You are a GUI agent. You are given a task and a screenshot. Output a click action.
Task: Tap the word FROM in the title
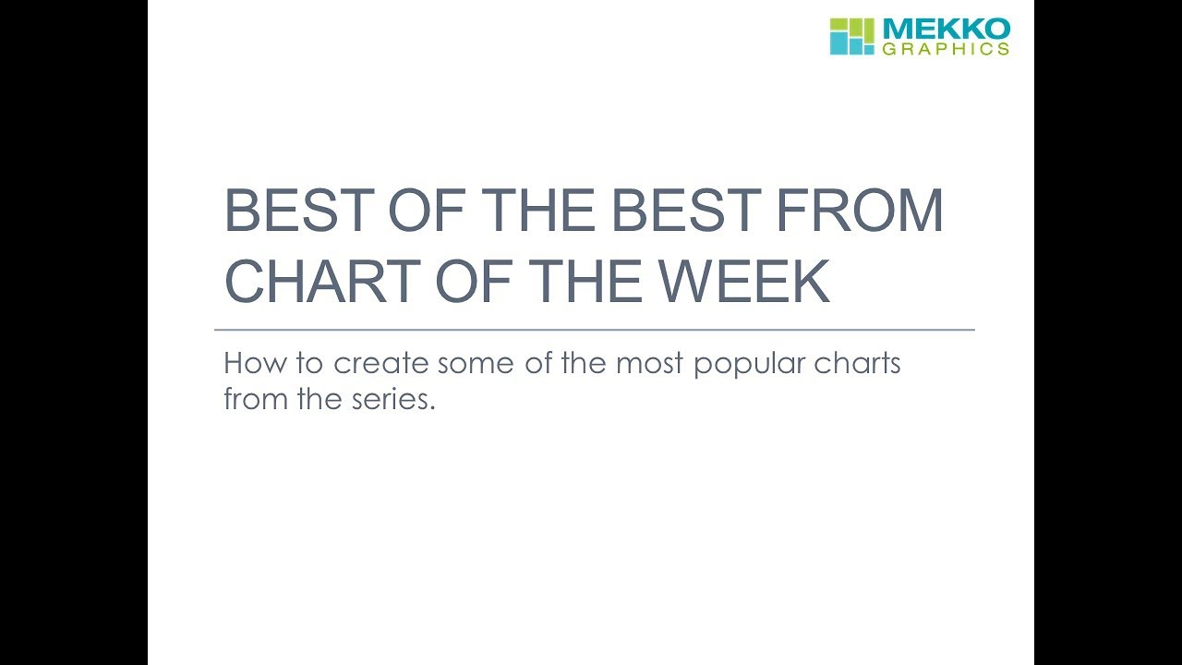859,212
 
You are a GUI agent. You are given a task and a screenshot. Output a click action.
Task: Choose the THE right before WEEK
580,282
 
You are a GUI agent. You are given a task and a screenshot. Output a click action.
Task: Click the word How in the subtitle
249,363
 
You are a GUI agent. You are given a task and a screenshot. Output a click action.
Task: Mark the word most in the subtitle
649,363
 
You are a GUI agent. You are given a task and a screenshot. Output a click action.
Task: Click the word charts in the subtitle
857,363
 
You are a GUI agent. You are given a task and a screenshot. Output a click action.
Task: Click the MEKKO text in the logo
946,29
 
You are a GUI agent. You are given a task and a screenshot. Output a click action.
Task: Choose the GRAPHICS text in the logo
946,49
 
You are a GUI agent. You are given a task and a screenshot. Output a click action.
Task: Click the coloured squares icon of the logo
850,36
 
